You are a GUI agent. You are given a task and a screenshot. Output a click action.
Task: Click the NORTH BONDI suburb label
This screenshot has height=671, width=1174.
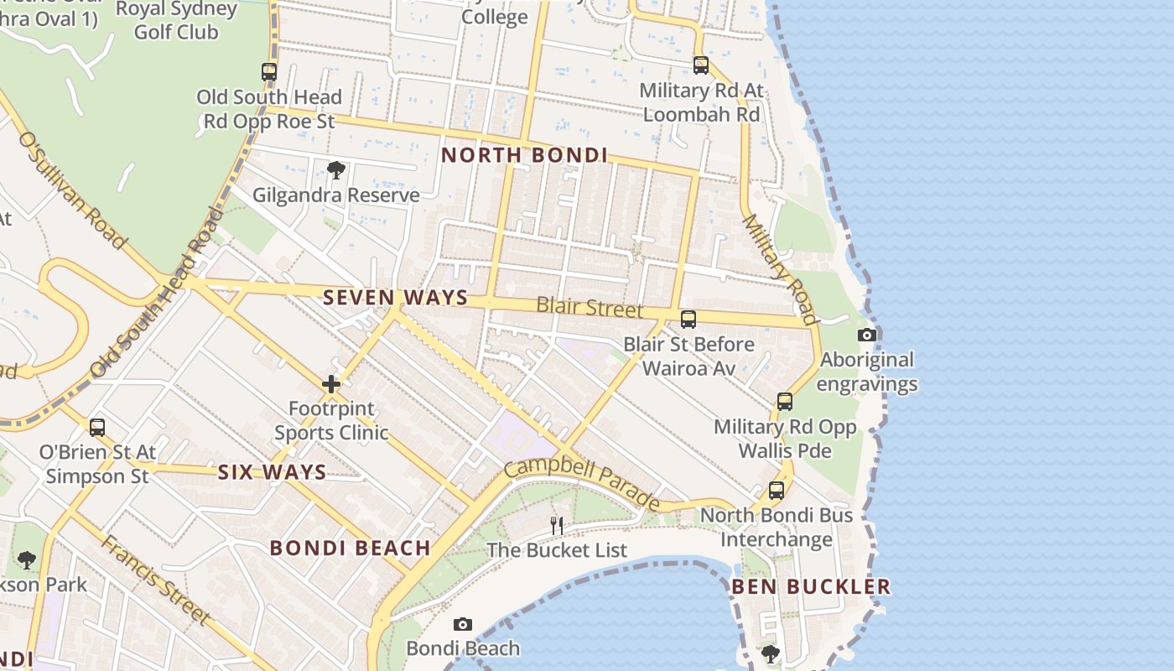click(524, 155)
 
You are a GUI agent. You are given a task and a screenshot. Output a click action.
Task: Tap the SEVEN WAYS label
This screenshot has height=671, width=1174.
click(395, 297)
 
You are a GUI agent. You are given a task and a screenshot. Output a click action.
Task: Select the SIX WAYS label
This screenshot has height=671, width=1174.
click(272, 472)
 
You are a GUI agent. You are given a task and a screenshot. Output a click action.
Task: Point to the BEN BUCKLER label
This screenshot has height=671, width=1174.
click(811, 586)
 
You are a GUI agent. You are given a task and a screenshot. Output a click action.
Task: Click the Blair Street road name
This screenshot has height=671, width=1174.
click(590, 307)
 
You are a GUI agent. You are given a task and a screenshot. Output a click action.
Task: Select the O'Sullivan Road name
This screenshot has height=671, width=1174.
click(73, 190)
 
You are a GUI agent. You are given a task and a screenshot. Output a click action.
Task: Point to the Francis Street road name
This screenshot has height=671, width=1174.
click(156, 579)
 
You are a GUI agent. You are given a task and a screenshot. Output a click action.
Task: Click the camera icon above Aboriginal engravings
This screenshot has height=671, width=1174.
click(867, 335)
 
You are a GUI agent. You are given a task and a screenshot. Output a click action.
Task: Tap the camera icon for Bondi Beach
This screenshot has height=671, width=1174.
click(462, 625)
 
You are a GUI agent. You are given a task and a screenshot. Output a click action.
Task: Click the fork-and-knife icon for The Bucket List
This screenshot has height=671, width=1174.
click(557, 526)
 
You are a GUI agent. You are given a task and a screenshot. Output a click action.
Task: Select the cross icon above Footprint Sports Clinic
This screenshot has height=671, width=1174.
click(331, 385)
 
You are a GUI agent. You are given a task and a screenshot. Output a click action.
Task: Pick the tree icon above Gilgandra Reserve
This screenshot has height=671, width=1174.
click(336, 171)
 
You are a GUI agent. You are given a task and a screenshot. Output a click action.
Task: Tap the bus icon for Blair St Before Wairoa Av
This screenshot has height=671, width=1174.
click(688, 320)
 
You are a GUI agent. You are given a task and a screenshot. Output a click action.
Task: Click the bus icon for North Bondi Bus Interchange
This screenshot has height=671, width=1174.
click(777, 491)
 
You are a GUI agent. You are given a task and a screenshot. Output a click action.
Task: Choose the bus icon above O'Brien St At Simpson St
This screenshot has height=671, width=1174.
click(97, 428)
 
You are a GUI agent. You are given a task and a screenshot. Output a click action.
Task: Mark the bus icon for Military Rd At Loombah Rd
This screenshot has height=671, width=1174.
click(700, 65)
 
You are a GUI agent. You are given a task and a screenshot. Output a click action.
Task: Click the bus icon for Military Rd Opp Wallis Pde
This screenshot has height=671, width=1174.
click(784, 402)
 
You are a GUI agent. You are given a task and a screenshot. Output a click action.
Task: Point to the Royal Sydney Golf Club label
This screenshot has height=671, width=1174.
click(176, 21)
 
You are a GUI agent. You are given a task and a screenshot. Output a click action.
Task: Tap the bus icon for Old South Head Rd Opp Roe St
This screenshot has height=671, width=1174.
click(269, 72)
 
